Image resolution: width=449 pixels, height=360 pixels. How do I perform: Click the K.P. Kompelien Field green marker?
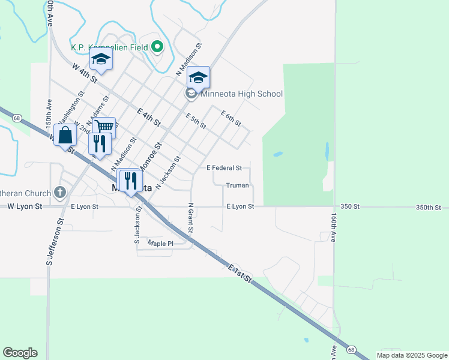(158, 46)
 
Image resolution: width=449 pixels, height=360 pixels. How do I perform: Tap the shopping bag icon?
(65, 135)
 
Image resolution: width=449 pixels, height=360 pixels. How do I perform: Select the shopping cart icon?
(104, 127)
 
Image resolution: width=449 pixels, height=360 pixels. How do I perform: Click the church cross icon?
(59, 192)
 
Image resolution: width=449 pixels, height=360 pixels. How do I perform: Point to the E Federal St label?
(224, 168)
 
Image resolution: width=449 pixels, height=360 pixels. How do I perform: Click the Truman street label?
(237, 185)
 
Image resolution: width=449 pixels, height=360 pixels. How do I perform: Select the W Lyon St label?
(25, 206)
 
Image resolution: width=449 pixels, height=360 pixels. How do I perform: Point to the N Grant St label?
(190, 220)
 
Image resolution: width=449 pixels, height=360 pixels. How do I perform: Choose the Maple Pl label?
(160, 244)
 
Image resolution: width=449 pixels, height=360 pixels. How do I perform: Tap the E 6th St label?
(231, 118)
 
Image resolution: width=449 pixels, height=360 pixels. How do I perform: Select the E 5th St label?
(196, 121)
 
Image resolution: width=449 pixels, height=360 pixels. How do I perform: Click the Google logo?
(20, 353)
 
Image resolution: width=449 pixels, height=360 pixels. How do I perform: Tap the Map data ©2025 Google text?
(411, 355)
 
